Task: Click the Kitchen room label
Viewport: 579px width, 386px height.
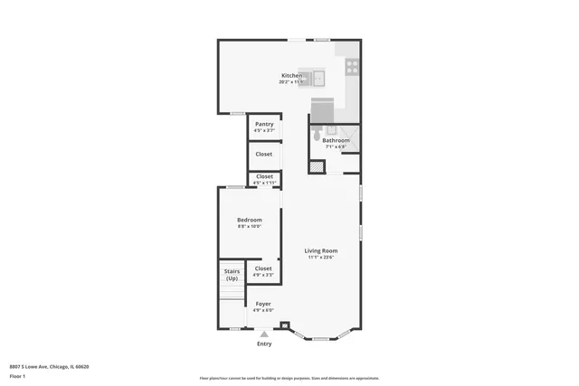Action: click(x=291, y=75)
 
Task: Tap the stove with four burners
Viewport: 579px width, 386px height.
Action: click(x=352, y=66)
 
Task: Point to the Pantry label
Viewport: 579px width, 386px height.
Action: click(x=264, y=124)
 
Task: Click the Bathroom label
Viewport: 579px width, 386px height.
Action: click(x=336, y=140)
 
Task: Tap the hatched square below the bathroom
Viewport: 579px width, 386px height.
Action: click(x=317, y=166)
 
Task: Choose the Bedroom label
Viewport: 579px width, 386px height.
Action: click(x=249, y=220)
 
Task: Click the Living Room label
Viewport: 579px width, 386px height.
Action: click(x=320, y=250)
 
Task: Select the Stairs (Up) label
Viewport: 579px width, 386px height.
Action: click(x=232, y=274)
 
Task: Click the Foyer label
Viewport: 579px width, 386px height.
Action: click(x=263, y=304)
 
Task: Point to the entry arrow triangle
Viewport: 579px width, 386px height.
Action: click(x=264, y=334)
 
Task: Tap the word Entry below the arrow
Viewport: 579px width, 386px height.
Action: click(x=264, y=344)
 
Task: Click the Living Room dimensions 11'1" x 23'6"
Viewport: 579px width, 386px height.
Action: click(x=320, y=258)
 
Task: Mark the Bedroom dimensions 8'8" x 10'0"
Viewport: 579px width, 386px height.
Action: click(x=249, y=227)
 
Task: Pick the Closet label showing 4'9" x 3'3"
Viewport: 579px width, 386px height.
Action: click(x=263, y=268)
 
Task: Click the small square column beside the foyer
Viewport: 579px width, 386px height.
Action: click(x=286, y=326)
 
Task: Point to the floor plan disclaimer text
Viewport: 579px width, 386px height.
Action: click(x=289, y=378)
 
